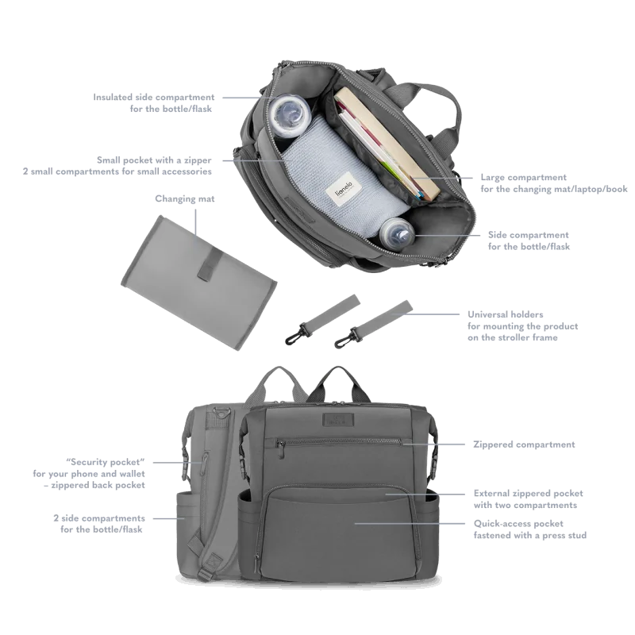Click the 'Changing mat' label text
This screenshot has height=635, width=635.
tap(185, 199)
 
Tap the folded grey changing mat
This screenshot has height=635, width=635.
tap(199, 283)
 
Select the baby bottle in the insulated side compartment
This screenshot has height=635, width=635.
tap(290, 114)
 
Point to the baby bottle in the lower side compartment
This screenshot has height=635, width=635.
tap(397, 233)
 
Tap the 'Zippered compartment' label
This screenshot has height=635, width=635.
tap(524, 444)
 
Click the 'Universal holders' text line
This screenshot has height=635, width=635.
tap(506, 314)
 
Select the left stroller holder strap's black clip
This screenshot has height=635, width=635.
tap(295, 333)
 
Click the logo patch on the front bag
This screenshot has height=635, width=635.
tap(338, 420)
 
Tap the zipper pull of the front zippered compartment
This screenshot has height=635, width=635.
tap(279, 449)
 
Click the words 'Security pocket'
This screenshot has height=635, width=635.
tap(106, 462)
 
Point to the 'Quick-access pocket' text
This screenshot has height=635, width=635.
tap(518, 524)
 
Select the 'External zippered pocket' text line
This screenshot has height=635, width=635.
tap(529, 493)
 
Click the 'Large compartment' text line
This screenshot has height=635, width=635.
tap(524, 177)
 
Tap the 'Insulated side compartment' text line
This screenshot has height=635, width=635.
tap(154, 97)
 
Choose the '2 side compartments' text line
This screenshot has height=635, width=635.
tap(99, 518)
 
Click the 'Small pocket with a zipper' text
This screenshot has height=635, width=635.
tap(154, 160)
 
